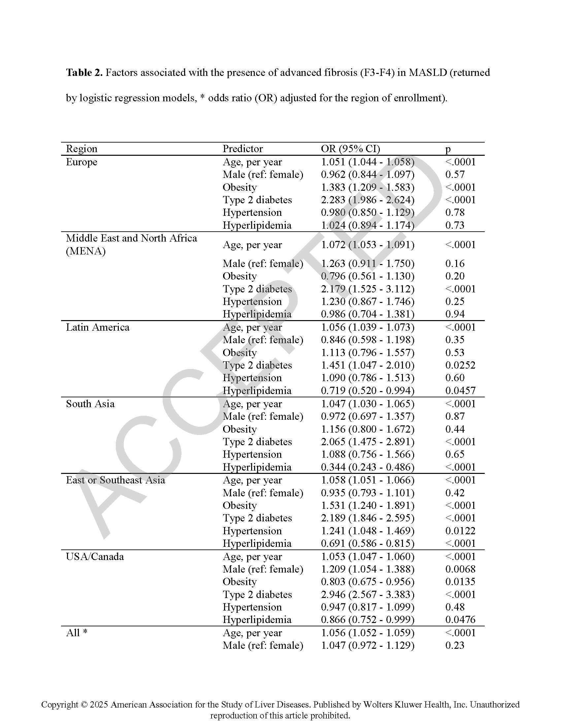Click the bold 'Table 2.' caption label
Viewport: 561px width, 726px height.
84,73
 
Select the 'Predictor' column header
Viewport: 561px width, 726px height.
243,148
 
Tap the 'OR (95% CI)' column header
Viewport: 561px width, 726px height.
350,148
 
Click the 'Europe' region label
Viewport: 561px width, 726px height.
82,162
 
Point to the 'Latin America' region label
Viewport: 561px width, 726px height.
97,327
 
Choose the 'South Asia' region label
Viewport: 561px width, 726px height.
90,404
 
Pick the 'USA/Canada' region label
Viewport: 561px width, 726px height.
95,557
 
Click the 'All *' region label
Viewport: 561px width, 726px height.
77,633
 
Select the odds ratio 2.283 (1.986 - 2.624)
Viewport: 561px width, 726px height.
368,200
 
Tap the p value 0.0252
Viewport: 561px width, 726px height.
460,365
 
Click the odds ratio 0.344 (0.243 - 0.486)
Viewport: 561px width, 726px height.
368,467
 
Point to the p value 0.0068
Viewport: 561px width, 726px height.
460,569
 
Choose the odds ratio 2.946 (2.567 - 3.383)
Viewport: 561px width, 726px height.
368,594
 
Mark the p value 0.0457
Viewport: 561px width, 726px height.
460,391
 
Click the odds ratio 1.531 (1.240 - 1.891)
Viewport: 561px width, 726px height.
368,505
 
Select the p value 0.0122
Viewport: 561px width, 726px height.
460,531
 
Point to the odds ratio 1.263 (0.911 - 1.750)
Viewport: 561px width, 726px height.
368,264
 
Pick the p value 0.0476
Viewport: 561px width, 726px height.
460,620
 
